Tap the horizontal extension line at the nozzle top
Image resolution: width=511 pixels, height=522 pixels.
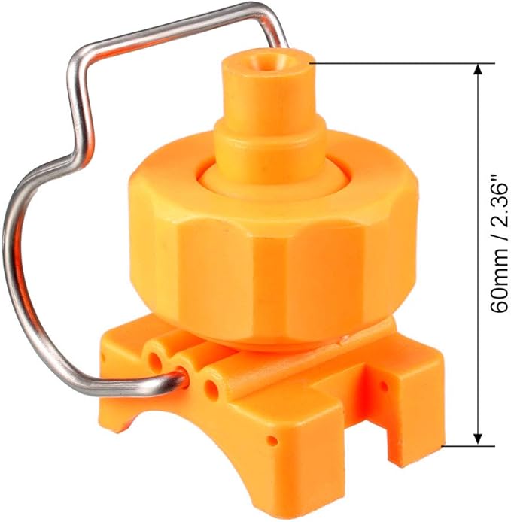391,63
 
